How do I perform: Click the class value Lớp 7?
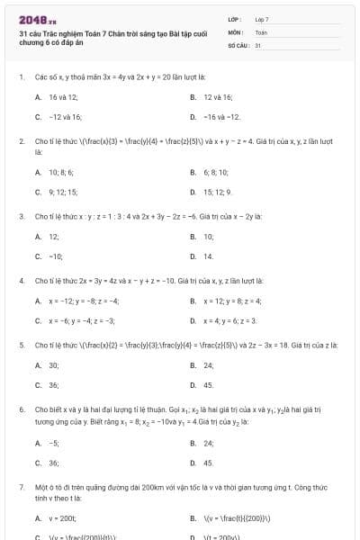point(262,19)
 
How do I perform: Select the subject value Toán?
point(261,31)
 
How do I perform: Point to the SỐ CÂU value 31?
point(258,44)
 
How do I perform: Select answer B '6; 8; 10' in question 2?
point(216,172)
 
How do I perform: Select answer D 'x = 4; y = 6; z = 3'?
point(229,320)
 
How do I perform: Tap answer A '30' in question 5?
point(53,364)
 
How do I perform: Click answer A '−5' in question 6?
point(53,443)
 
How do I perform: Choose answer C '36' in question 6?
point(53,463)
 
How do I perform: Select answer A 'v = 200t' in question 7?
point(62,518)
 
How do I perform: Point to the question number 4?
point(21,280)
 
